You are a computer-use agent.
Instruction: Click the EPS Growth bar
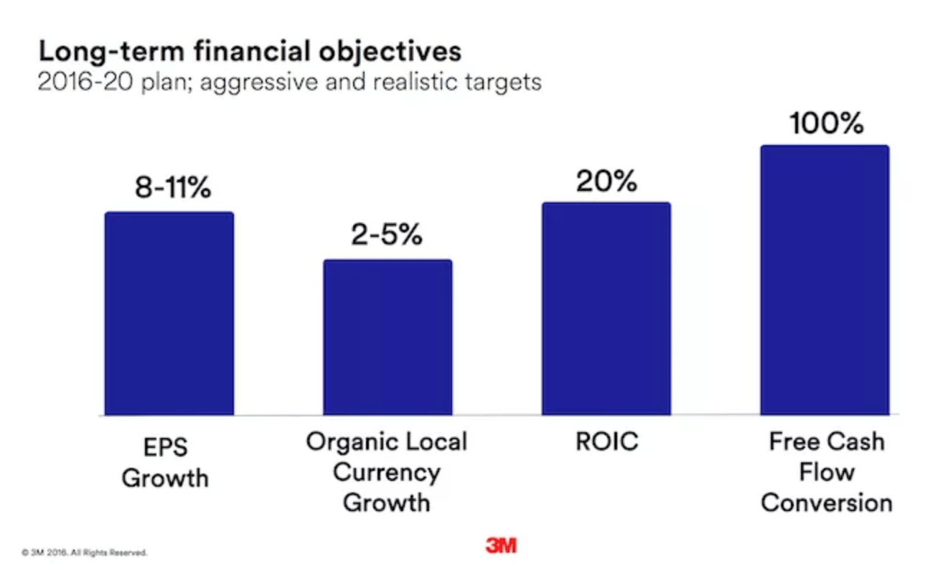tap(169, 314)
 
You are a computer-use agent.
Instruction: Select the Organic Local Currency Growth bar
tap(388, 337)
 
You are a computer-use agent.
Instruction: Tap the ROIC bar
tap(606, 309)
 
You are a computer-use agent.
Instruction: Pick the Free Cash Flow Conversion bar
tap(825, 280)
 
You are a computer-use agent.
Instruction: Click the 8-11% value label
tap(173, 188)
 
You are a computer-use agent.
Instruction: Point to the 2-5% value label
tap(387, 235)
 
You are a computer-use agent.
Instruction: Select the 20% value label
tap(606, 181)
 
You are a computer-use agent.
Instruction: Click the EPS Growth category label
tap(165, 462)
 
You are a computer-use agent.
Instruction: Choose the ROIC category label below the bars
tap(606, 441)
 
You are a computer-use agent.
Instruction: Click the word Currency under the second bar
tap(387, 472)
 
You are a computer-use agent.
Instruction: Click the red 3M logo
tap(500, 546)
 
